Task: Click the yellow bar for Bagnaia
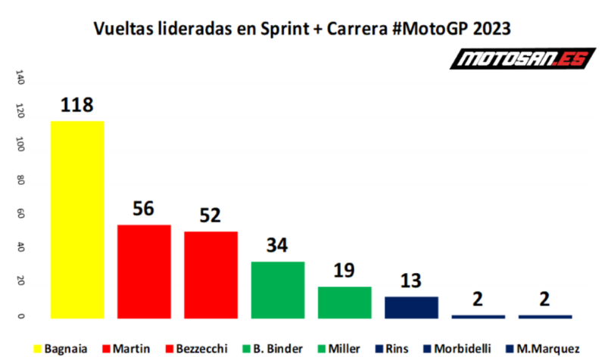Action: [76, 219]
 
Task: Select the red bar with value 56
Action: [144, 271]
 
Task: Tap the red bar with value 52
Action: [210, 275]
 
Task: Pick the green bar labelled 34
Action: [277, 290]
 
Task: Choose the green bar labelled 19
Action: [344, 302]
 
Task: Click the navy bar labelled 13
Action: [411, 307]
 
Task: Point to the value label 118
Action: [76, 106]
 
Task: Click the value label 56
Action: [144, 209]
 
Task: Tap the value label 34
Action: [277, 246]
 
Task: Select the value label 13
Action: [411, 281]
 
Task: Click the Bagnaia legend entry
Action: [67, 349]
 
